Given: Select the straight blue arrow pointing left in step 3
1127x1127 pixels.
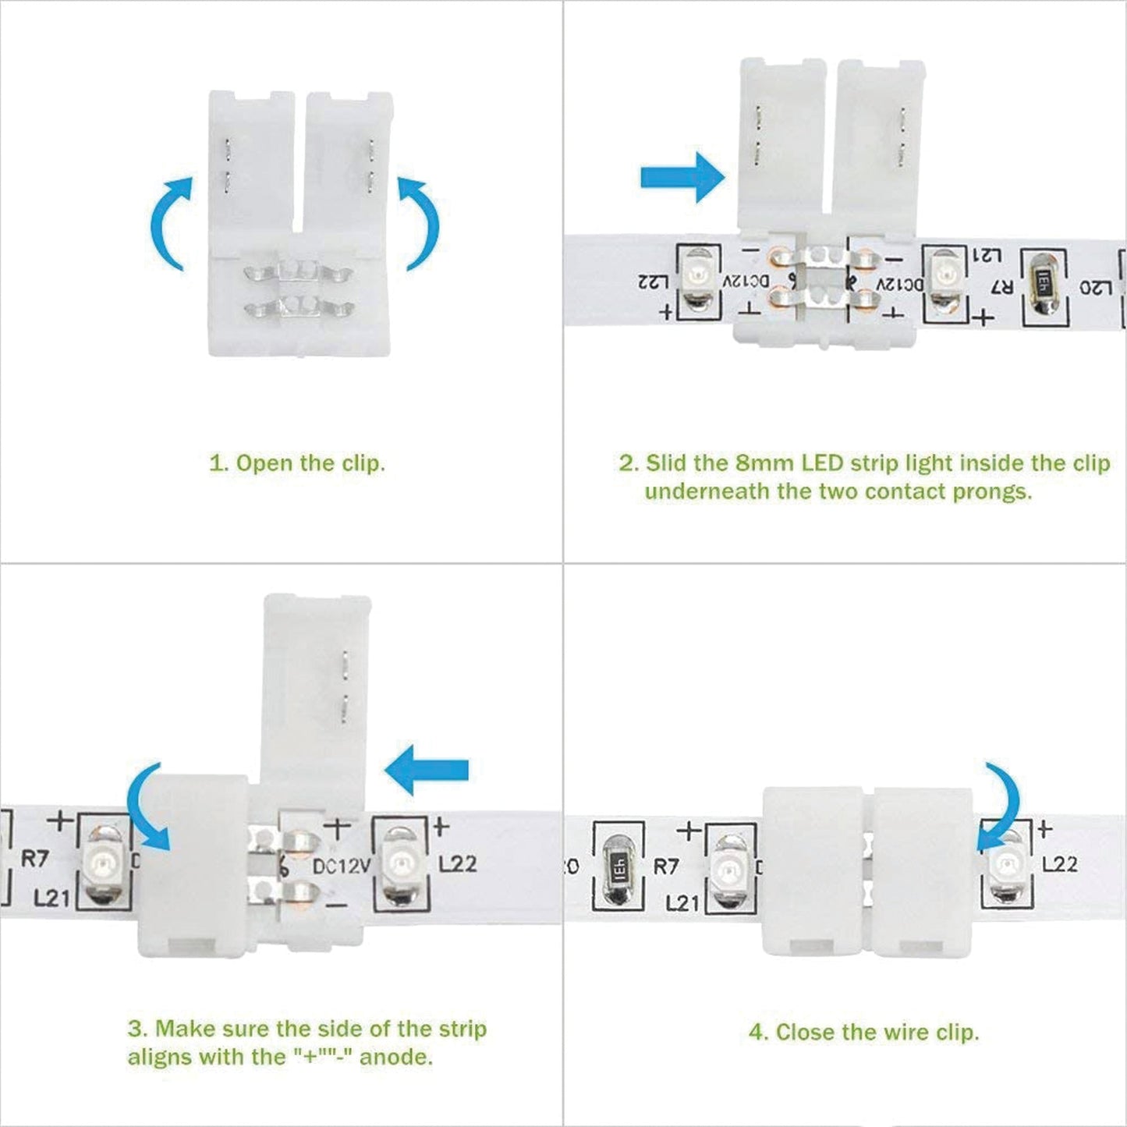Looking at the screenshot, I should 427,770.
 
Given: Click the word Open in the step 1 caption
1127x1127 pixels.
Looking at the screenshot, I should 263,463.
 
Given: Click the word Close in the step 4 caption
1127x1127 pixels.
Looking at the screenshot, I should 804,1033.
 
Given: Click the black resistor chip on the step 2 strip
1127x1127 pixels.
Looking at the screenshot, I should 1044,285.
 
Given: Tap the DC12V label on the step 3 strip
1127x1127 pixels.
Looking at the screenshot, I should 342,867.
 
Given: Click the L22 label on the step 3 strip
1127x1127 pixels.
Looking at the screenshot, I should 458,863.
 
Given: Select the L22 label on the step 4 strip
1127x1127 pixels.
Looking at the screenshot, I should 1059,863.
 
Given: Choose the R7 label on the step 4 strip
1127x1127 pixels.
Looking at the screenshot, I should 665,867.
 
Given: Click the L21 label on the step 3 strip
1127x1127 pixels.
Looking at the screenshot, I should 51,898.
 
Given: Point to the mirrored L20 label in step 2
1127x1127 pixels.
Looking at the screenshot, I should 1095,288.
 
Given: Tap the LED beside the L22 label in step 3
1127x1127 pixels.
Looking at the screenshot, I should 400,864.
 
